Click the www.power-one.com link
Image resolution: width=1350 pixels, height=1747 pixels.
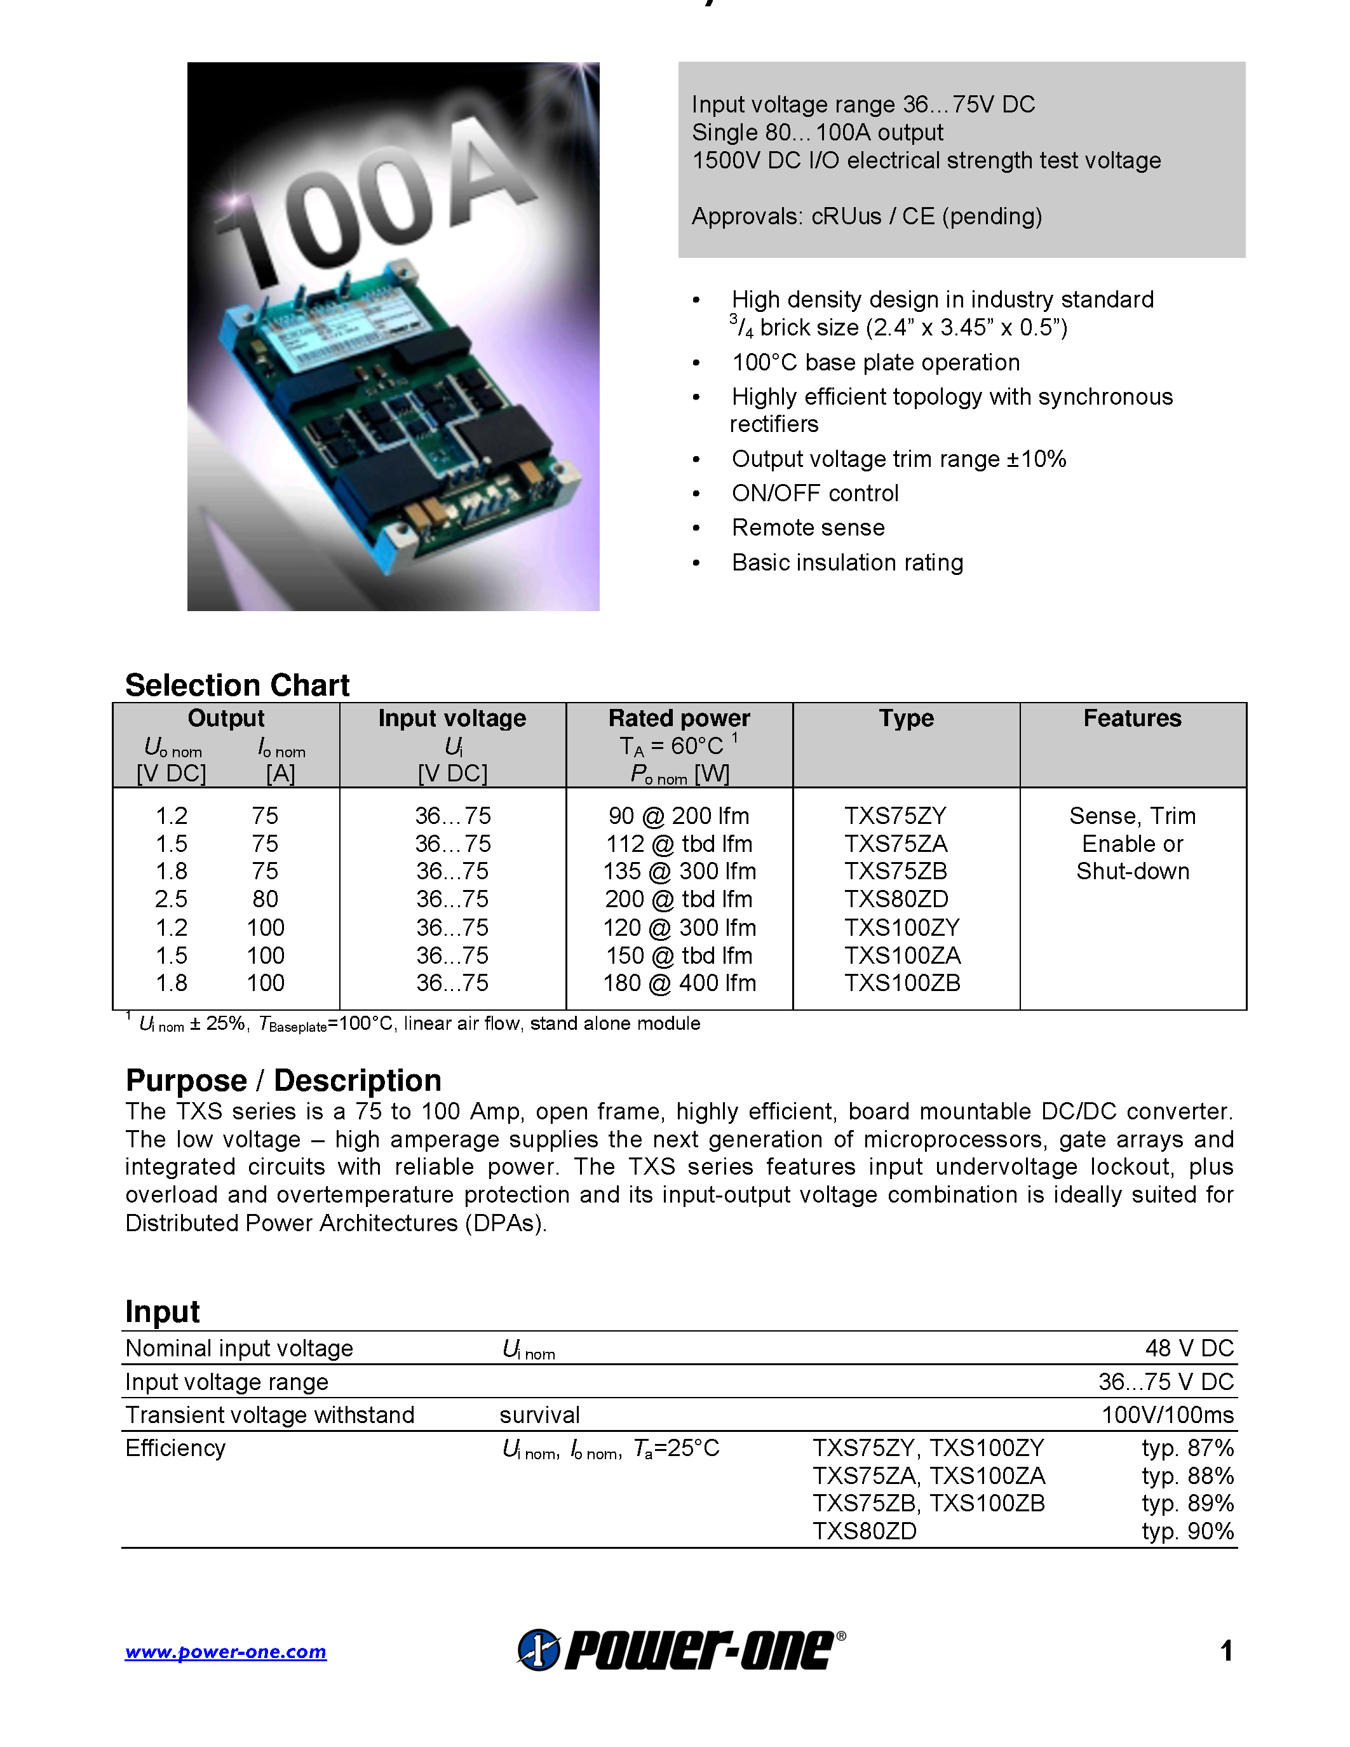tap(226, 1652)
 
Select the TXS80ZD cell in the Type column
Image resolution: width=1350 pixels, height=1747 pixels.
tap(896, 899)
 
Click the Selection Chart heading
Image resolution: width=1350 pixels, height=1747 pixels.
tap(238, 685)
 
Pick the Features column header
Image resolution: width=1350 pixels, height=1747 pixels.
tap(1131, 718)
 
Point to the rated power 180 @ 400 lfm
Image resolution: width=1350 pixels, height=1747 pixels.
tap(679, 983)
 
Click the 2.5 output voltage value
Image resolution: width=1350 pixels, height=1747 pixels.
tap(171, 899)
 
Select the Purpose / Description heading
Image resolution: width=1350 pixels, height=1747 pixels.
tap(283, 1081)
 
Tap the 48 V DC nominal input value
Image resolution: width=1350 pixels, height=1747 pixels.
tap(1189, 1349)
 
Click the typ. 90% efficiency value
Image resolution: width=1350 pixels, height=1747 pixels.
tap(1187, 1531)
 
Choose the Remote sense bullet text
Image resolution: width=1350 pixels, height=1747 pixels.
tap(807, 528)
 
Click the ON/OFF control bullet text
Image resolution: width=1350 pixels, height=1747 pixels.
tap(815, 494)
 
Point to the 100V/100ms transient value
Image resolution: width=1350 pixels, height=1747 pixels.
tap(1167, 1415)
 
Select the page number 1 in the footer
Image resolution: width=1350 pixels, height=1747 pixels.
tap(1226, 1651)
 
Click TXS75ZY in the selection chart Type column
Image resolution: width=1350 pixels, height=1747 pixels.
tap(895, 816)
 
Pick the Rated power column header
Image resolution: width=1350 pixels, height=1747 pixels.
tap(679, 718)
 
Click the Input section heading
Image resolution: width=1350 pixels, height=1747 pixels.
tap(163, 1312)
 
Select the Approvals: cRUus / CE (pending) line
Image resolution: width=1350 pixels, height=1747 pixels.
tap(866, 217)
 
